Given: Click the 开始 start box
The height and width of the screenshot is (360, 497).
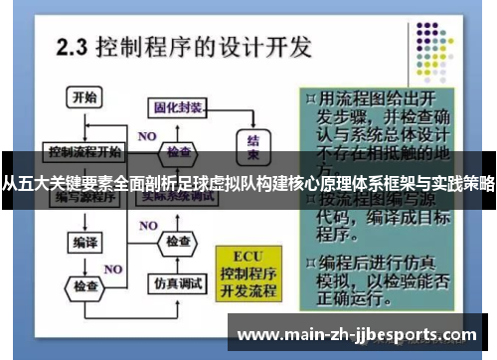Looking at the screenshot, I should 83,97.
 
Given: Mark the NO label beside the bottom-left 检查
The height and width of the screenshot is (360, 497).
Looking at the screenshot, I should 113,270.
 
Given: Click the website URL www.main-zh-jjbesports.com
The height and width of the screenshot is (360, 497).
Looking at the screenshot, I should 360,333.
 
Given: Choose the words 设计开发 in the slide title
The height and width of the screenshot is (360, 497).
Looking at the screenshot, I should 275,46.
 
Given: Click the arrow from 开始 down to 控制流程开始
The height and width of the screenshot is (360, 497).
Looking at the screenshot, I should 83,125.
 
